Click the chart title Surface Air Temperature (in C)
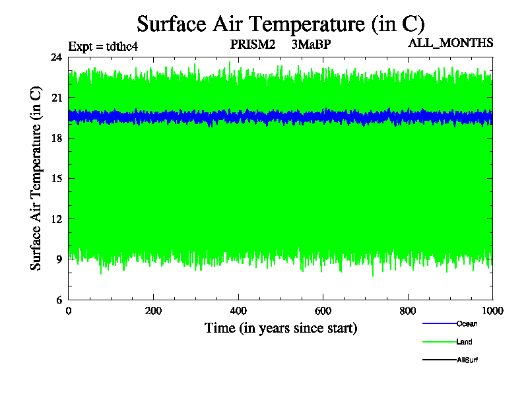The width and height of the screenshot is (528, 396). [x=280, y=24]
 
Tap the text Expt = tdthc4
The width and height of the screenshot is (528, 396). [x=103, y=46]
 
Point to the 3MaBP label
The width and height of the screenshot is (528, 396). [x=310, y=45]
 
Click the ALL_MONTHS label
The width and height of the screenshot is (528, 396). [x=451, y=44]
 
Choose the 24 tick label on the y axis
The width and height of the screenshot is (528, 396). [x=56, y=57]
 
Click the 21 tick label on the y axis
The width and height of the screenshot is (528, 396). [x=56, y=98]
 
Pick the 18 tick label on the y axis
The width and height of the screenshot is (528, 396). [x=56, y=138]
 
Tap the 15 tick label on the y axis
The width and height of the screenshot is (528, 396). [x=56, y=179]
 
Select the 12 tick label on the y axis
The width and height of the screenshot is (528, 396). [x=56, y=219]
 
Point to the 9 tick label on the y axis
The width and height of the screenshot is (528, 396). [x=59, y=259]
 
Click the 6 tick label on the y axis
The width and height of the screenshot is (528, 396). [x=59, y=300]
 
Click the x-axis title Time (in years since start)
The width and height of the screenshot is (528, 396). [x=280, y=328]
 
